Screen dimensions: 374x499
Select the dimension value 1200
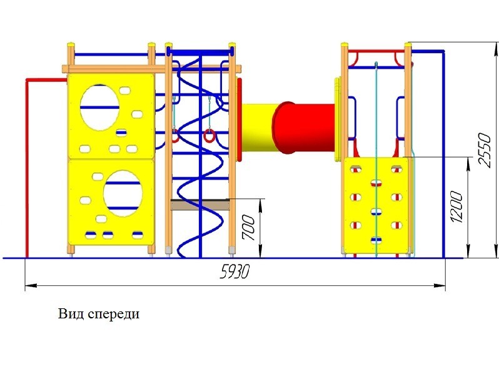(456, 206)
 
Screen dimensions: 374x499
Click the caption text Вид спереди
(99, 314)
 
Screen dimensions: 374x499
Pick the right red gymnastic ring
(209, 134)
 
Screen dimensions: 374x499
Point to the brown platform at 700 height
(199, 205)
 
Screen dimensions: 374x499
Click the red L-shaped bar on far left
(27, 163)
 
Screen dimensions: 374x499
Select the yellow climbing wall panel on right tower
(375, 206)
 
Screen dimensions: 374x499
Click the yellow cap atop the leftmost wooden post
(71, 45)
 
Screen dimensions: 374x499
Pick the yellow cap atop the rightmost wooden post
(408, 44)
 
